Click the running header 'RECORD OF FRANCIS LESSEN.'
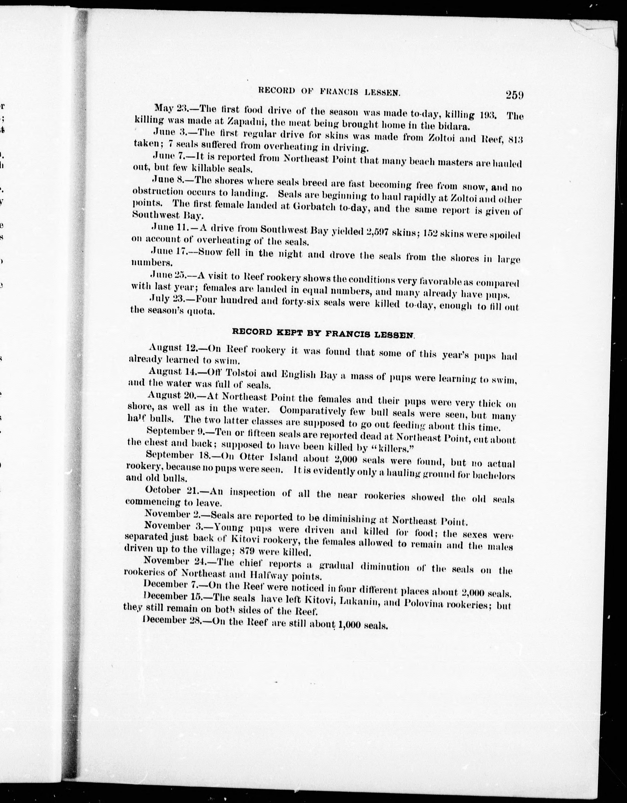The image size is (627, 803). coord(329,92)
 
